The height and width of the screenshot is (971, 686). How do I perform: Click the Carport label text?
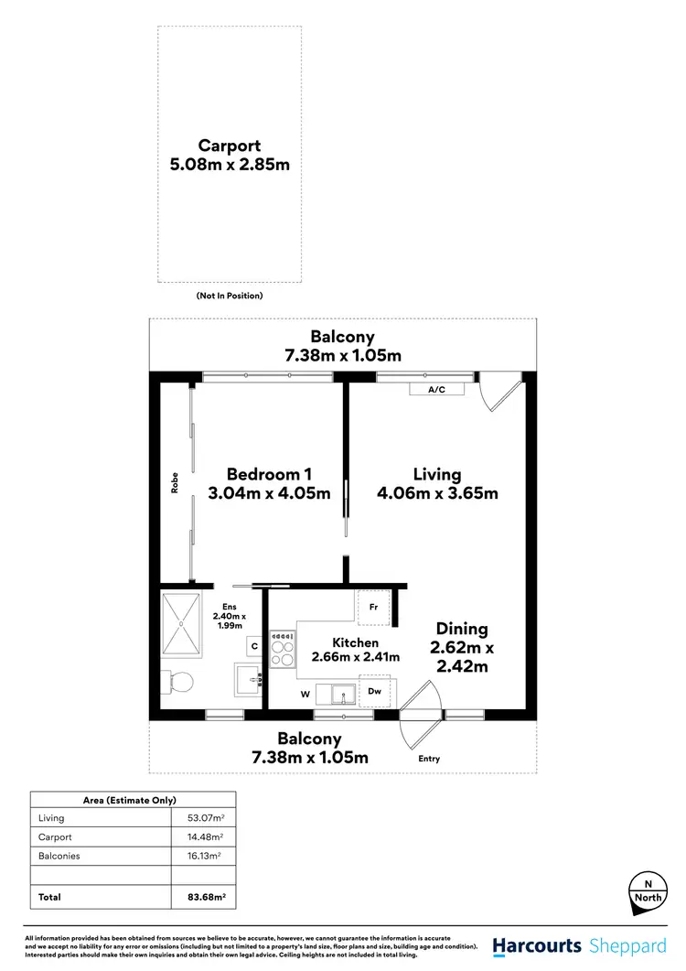click(x=230, y=146)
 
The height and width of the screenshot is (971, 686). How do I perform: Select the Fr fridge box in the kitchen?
click(x=374, y=607)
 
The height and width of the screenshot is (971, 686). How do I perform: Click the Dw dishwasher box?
click(x=374, y=693)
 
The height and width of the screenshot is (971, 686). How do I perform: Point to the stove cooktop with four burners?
click(x=283, y=650)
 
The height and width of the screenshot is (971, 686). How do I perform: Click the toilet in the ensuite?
click(x=177, y=683)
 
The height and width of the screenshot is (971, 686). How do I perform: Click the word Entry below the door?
click(x=428, y=759)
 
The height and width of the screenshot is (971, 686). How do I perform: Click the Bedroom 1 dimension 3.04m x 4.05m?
click(x=270, y=494)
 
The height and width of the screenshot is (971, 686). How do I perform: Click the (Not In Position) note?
click(x=230, y=296)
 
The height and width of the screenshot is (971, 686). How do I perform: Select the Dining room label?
click(x=462, y=629)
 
